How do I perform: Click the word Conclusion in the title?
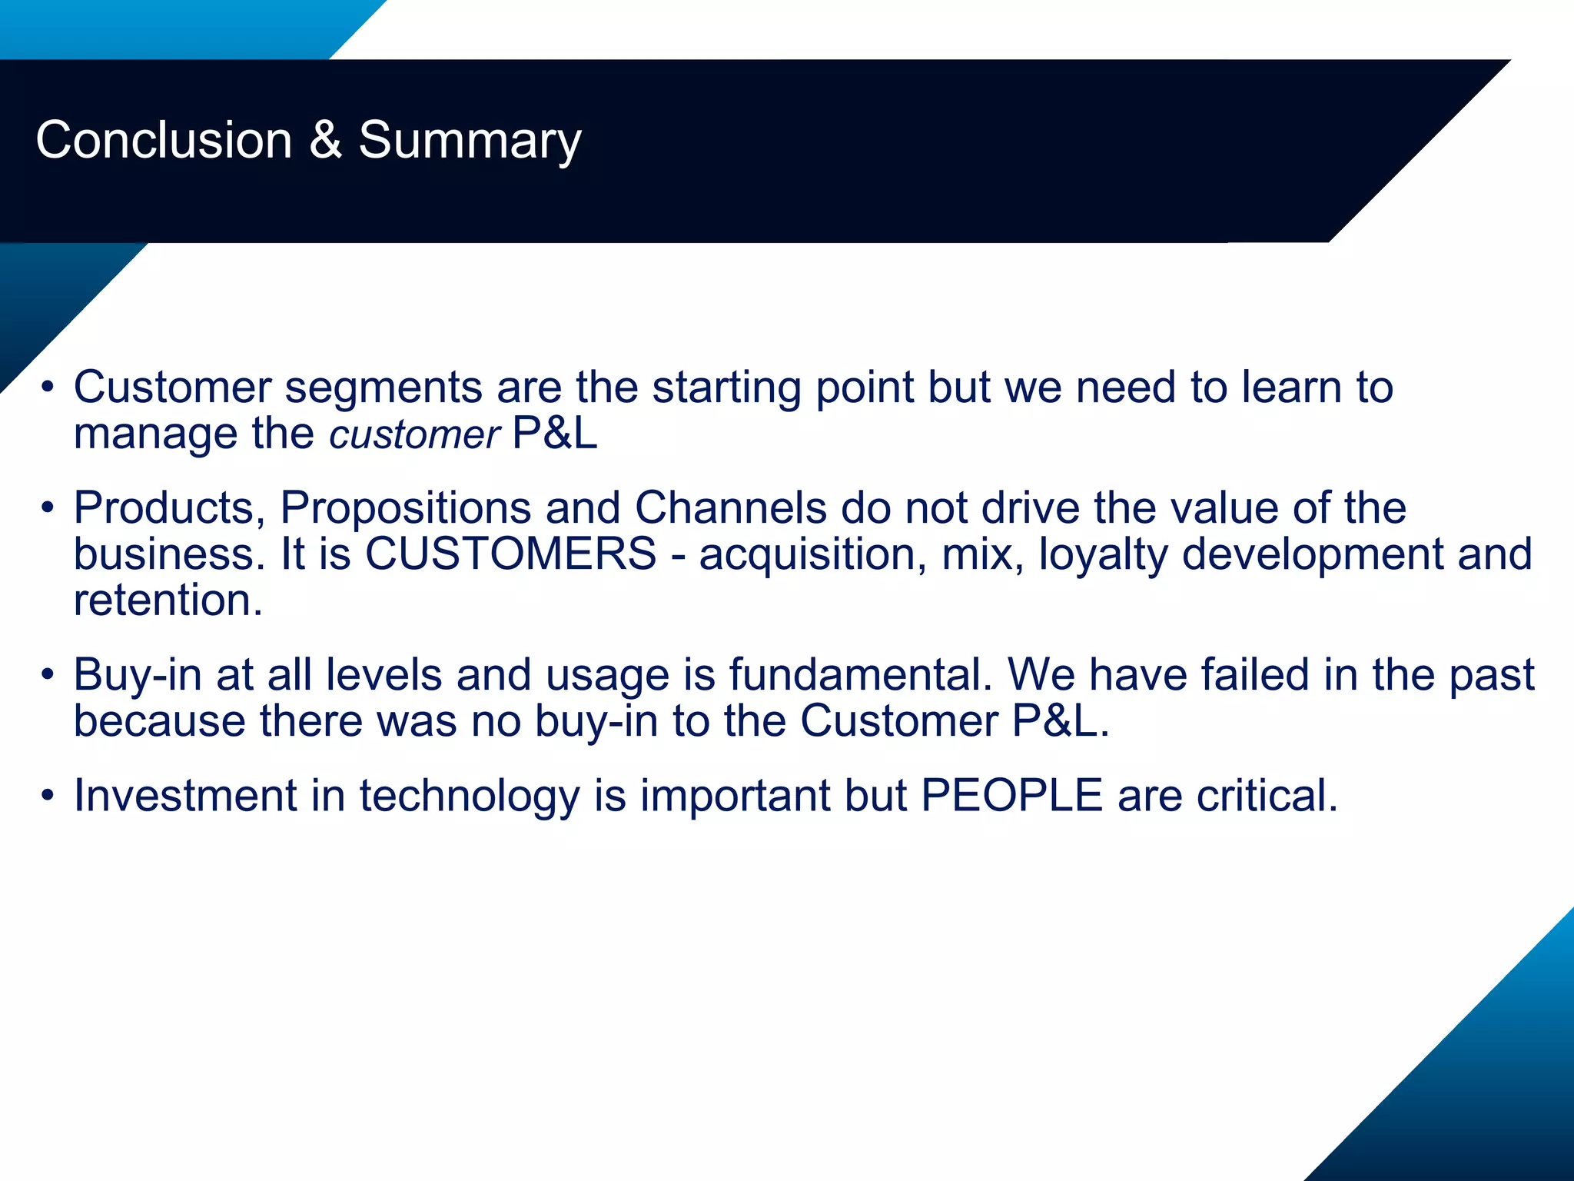(x=164, y=141)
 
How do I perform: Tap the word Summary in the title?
(x=470, y=141)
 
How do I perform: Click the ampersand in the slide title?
(x=325, y=141)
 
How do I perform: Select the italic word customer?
(x=415, y=435)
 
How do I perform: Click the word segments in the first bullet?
(x=384, y=388)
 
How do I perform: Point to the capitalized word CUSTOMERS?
(x=510, y=554)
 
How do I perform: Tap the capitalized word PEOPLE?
(x=1011, y=796)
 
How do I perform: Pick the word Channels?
(x=730, y=508)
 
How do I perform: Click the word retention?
(x=168, y=600)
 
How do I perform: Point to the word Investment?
(x=185, y=796)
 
